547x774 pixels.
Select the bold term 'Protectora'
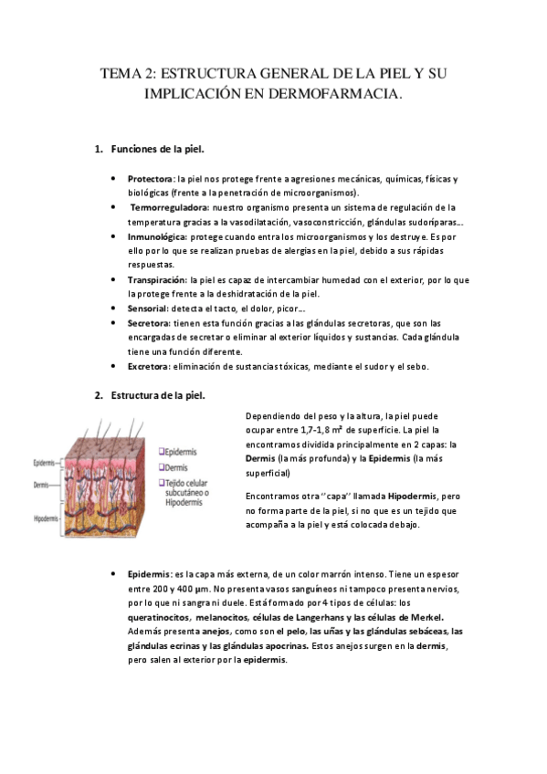151,179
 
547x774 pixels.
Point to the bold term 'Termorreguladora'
169,208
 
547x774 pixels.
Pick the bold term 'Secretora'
150,323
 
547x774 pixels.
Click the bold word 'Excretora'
149,367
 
